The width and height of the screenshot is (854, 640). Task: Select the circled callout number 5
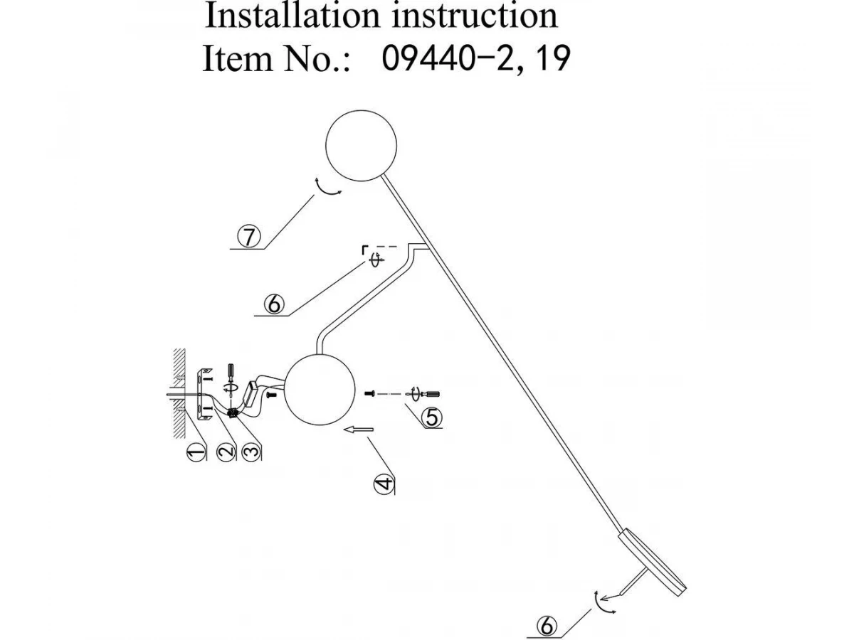[x=432, y=417]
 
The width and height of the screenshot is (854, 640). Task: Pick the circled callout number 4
[x=384, y=483]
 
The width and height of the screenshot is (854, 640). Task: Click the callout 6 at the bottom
[x=547, y=626]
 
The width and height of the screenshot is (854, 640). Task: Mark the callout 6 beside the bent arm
[x=273, y=304]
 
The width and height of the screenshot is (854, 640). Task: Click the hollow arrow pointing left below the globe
[x=359, y=429]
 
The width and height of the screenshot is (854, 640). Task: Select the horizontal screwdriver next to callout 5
[x=426, y=393]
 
